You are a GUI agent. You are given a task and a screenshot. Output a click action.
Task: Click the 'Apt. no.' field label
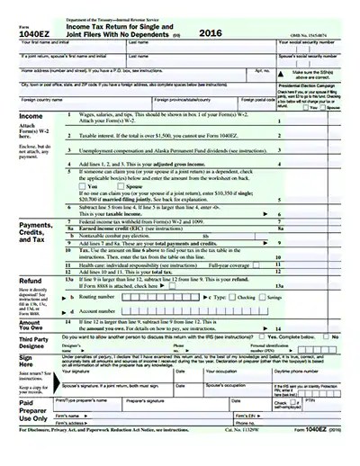263,69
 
